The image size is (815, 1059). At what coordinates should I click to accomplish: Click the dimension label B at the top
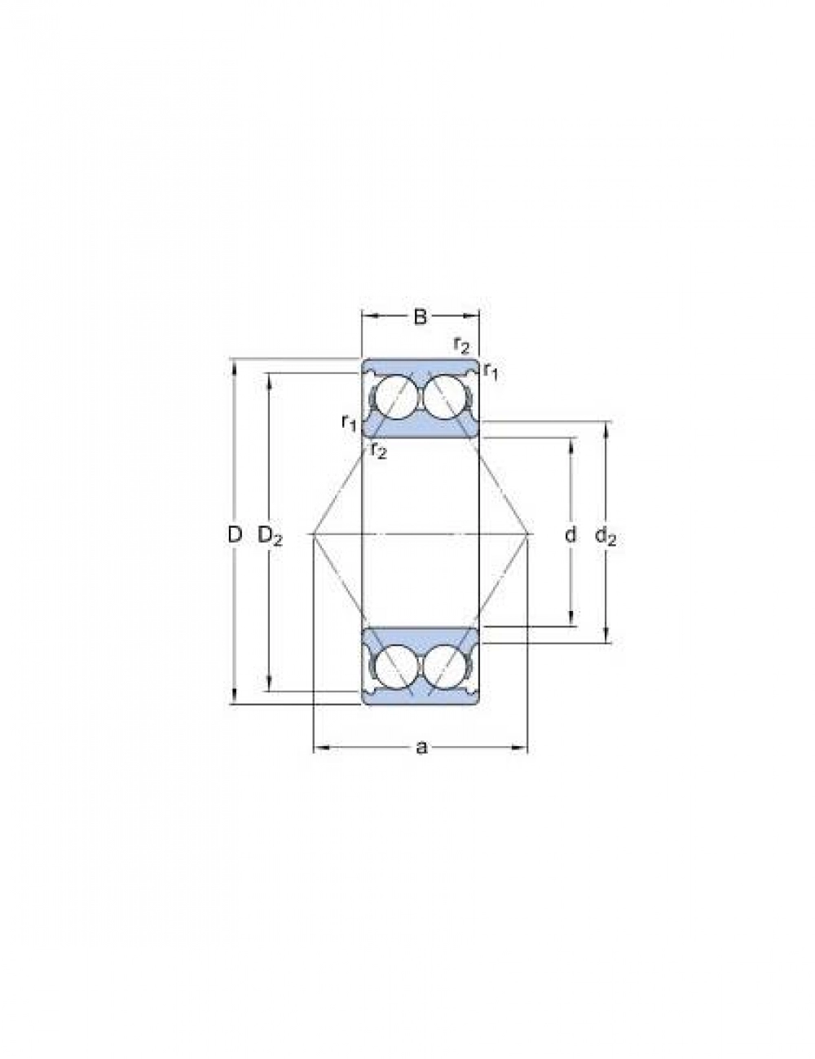[x=420, y=317]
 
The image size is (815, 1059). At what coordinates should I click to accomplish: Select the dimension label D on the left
[x=235, y=535]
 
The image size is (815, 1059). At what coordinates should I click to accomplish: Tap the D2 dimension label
[x=270, y=537]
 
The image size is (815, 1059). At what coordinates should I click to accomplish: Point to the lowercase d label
[x=570, y=534]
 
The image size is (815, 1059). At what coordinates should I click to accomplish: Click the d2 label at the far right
[x=606, y=537]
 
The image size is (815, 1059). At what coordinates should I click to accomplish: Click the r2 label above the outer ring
[x=461, y=345]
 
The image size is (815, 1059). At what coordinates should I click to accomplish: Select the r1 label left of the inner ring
[x=349, y=423]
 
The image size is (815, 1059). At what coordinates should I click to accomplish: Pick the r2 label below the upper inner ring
[x=378, y=450]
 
